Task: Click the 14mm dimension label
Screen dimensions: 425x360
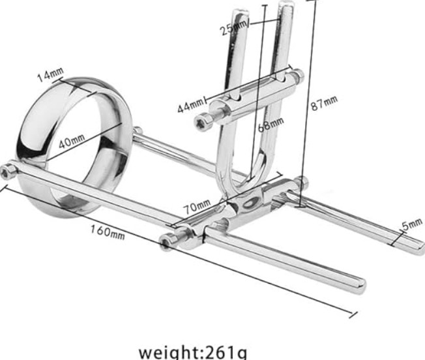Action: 50,74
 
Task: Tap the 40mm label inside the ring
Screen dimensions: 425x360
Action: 72,141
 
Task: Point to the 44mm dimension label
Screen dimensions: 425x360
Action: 190,106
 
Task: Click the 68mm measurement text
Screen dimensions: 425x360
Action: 271,124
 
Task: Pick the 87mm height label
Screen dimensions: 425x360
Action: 324,103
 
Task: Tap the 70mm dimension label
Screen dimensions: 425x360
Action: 197,206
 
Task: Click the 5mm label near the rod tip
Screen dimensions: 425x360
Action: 412,224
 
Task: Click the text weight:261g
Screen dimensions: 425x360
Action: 193,352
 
